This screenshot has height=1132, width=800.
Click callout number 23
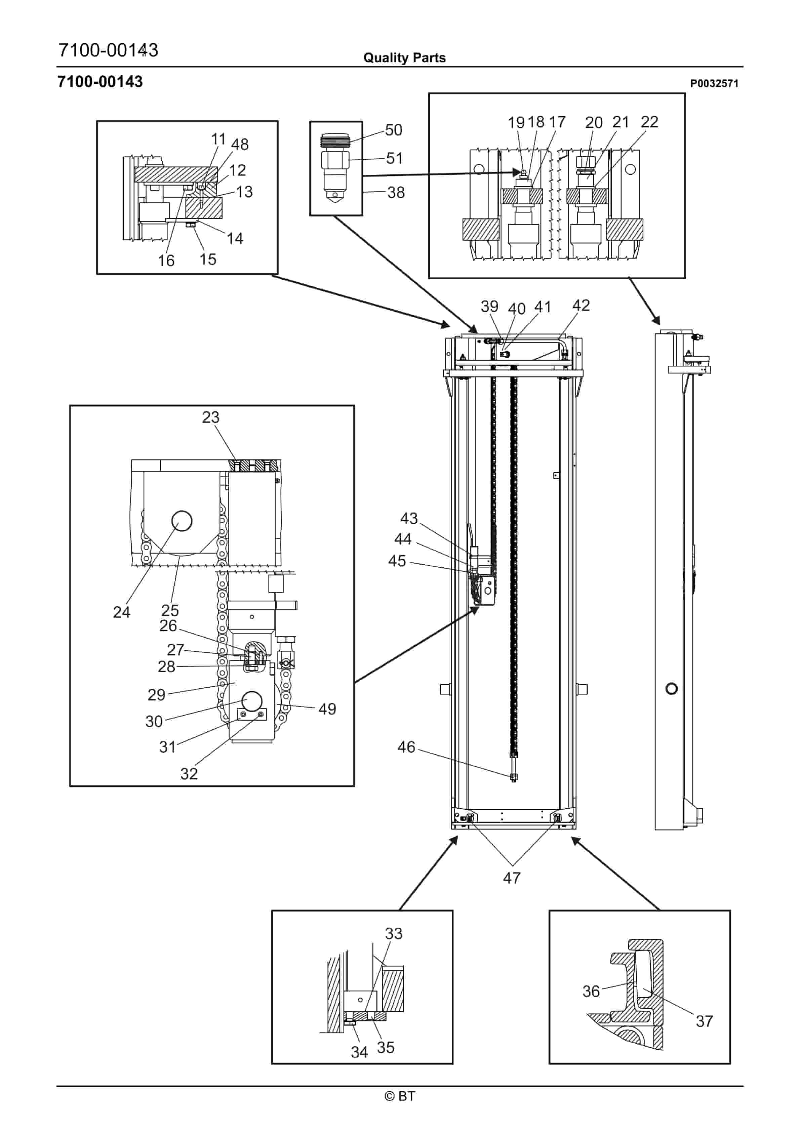[x=211, y=417]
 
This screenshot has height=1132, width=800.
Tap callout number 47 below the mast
[x=512, y=878]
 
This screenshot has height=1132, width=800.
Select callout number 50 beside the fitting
[x=394, y=130]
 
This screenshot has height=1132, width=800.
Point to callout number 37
[x=704, y=1021]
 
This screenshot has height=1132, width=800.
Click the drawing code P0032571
[x=714, y=84]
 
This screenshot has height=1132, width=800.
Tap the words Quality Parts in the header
[x=404, y=58]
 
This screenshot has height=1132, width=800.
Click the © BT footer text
[x=400, y=1096]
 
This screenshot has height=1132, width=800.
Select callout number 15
[x=208, y=259]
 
